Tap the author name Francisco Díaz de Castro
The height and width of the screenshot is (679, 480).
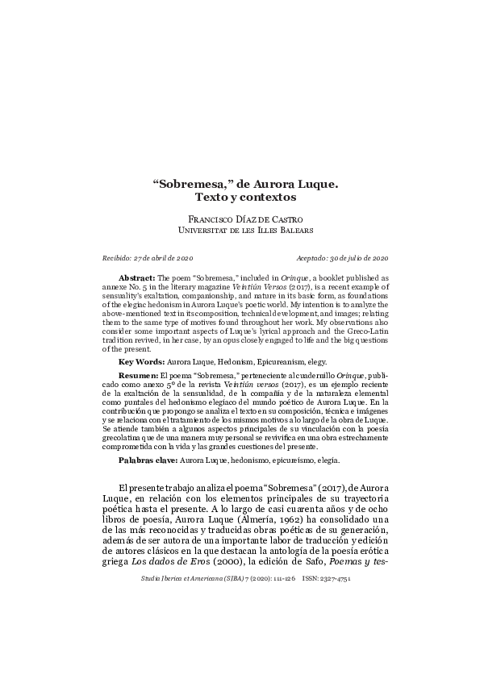coord(240,219)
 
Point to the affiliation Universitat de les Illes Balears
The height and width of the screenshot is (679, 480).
coord(240,229)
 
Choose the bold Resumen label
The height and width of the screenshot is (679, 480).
coord(139,377)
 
